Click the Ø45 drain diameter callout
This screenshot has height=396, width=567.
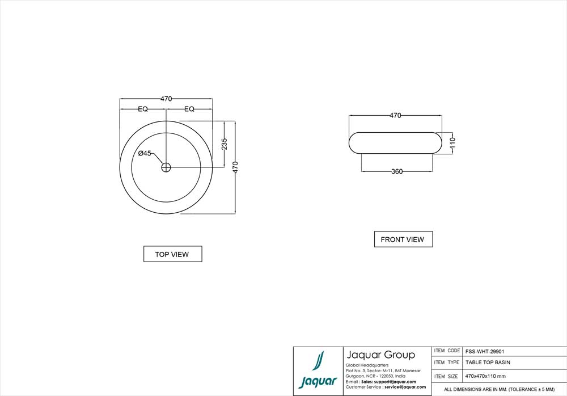(145, 153)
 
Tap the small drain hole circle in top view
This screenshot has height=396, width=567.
(166, 167)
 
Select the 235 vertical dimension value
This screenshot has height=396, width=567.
(225, 144)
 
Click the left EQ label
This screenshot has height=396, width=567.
(143, 109)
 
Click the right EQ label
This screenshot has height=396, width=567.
(189, 109)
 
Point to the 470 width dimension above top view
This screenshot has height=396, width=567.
(166, 99)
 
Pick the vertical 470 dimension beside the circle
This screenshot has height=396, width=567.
(235, 167)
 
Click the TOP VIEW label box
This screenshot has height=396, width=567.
(173, 254)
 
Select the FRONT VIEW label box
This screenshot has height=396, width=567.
(404, 239)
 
